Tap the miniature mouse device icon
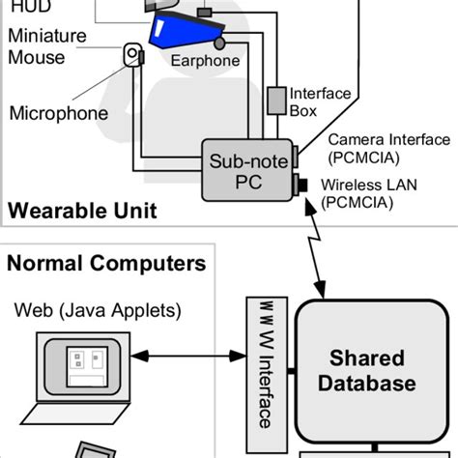click(130, 57)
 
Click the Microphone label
click(58, 113)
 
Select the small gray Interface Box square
click(277, 100)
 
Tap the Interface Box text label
click(312, 100)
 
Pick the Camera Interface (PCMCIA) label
click(375, 148)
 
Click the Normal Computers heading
click(106, 263)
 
